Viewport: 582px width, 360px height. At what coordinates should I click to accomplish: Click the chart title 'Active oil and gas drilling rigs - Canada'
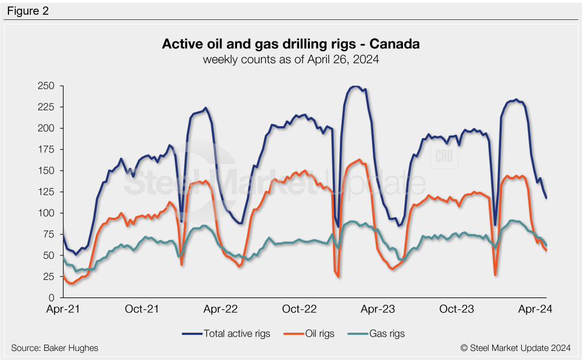point(290,44)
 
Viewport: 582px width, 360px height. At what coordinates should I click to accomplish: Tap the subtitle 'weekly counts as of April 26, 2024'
point(290,58)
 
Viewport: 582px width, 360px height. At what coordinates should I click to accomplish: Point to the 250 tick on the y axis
point(47,86)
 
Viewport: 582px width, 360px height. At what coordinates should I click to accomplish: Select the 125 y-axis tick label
point(47,192)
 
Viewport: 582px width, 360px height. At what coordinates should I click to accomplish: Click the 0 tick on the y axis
point(51,297)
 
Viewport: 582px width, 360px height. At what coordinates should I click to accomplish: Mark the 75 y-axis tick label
point(48,234)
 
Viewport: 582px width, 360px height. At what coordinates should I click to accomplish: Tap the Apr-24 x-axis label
point(537,309)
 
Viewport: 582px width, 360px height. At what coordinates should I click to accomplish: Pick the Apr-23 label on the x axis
point(378,309)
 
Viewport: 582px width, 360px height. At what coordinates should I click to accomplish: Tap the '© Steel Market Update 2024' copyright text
point(516,347)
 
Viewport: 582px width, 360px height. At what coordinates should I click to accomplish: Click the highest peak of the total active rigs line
point(356,86)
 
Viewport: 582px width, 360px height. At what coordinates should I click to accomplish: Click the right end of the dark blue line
point(546,198)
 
